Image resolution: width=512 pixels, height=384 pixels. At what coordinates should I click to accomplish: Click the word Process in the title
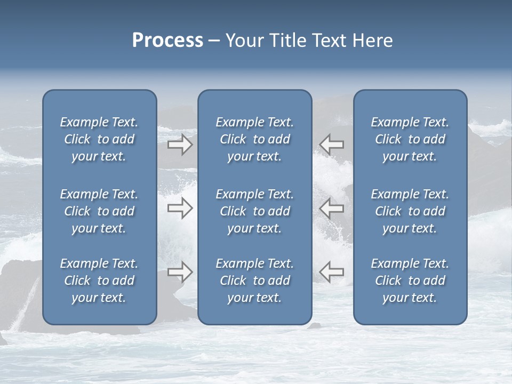pyautogui.click(x=167, y=41)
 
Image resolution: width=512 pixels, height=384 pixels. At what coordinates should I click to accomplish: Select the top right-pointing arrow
pyautogui.click(x=180, y=145)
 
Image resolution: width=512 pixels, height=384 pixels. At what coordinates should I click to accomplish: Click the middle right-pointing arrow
pyautogui.click(x=180, y=209)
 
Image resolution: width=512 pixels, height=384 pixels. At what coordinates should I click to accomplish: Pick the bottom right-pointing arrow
pyautogui.click(x=180, y=272)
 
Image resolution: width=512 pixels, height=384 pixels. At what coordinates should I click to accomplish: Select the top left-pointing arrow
pyautogui.click(x=332, y=145)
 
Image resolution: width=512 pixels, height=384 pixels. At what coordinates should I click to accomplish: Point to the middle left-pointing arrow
pyautogui.click(x=332, y=209)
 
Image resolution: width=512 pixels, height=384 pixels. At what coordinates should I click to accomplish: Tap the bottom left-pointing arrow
pyautogui.click(x=332, y=272)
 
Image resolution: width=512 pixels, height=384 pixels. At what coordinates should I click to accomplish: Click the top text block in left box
pyautogui.click(x=99, y=139)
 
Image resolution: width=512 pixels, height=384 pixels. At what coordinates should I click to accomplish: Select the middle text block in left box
pyautogui.click(x=99, y=211)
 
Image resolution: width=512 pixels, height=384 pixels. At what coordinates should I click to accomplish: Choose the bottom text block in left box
pyautogui.click(x=99, y=281)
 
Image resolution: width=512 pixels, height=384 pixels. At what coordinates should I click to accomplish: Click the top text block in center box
pyautogui.click(x=255, y=139)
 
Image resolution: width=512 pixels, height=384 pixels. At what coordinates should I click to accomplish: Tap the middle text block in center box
pyautogui.click(x=255, y=211)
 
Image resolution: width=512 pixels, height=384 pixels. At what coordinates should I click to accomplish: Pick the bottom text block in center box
pyautogui.click(x=255, y=281)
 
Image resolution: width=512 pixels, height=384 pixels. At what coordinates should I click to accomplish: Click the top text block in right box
pyautogui.click(x=410, y=139)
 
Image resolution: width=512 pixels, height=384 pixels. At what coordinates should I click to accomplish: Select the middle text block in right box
pyautogui.click(x=410, y=211)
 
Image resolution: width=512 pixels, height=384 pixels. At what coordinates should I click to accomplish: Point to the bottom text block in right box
pyautogui.click(x=410, y=281)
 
